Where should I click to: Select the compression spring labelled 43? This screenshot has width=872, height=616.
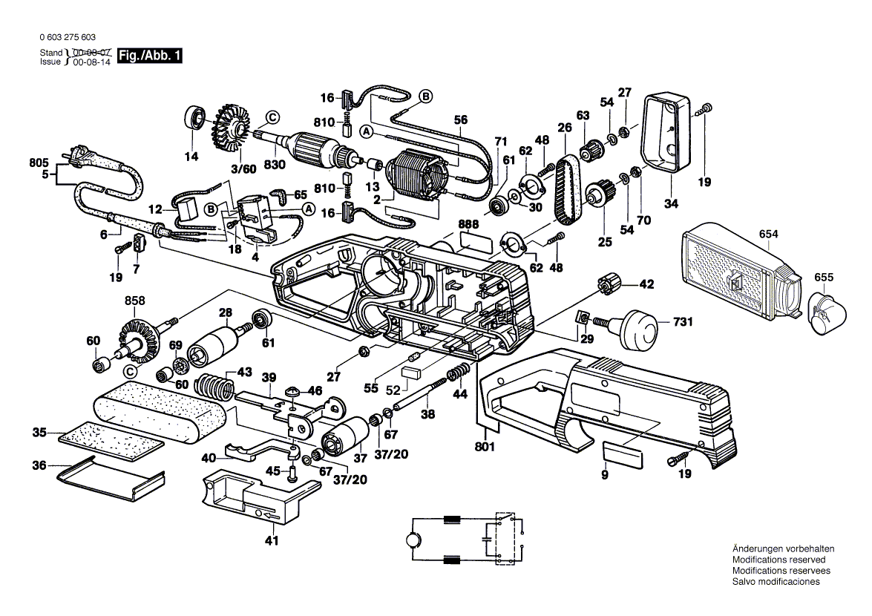click(x=214, y=385)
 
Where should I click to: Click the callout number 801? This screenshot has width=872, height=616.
click(x=486, y=448)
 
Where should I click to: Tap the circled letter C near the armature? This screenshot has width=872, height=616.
click(x=272, y=117)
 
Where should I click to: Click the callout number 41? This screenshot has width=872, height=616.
click(x=272, y=540)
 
